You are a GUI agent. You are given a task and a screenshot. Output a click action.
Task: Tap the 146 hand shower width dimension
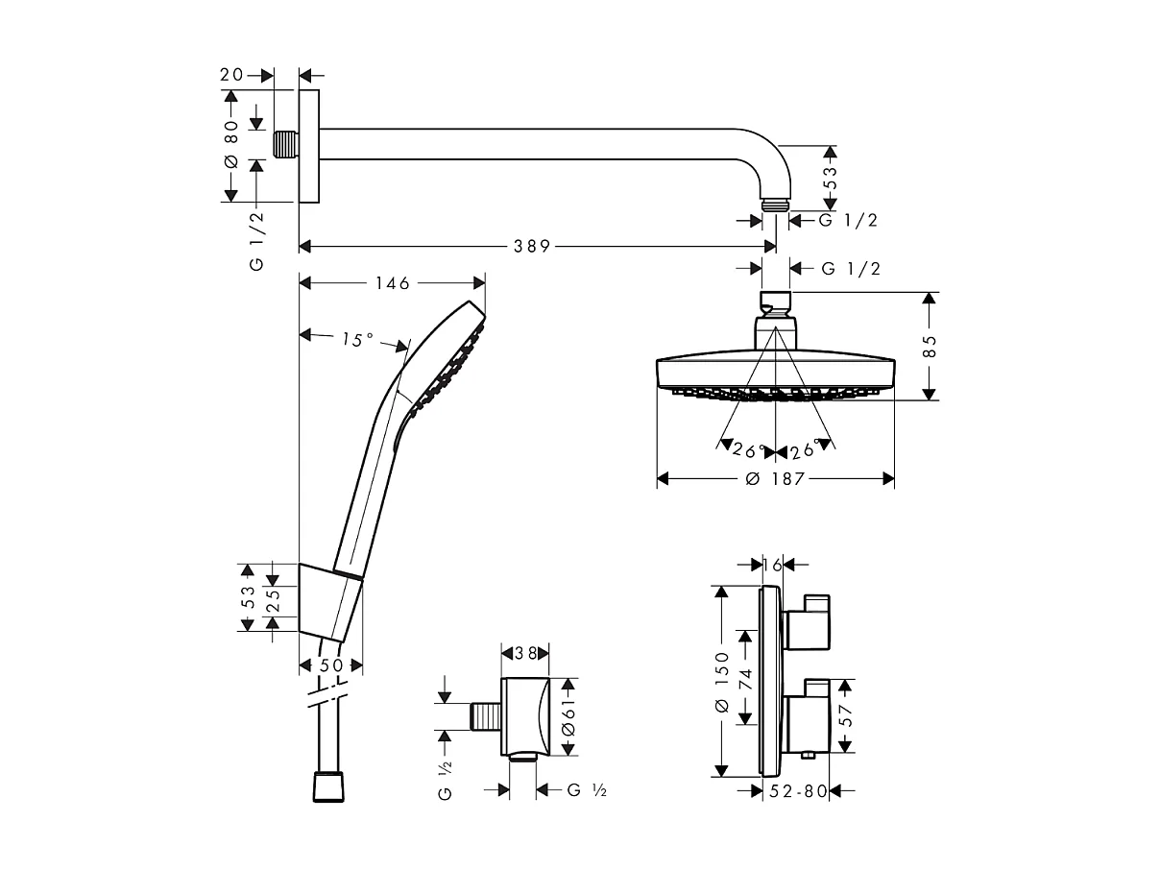(392, 283)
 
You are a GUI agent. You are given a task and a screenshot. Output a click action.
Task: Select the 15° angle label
(356, 339)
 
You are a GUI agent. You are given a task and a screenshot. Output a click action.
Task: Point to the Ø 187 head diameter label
(777, 478)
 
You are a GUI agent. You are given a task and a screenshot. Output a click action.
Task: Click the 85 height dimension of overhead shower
(930, 346)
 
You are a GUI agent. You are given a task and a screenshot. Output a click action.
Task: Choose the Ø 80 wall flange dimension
(230, 147)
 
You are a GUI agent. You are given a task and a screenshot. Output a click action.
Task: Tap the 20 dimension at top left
(231, 74)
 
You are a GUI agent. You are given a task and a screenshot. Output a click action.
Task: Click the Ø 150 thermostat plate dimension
(722, 681)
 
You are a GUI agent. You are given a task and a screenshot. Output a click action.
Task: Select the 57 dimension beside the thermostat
(846, 716)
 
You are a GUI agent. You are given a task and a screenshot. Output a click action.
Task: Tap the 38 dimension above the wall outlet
(525, 652)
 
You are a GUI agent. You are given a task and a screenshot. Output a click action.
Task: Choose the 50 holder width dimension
(331, 665)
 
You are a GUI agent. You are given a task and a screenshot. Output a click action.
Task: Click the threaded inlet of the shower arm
(285, 144)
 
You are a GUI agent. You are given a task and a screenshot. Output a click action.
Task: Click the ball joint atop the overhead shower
(775, 307)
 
